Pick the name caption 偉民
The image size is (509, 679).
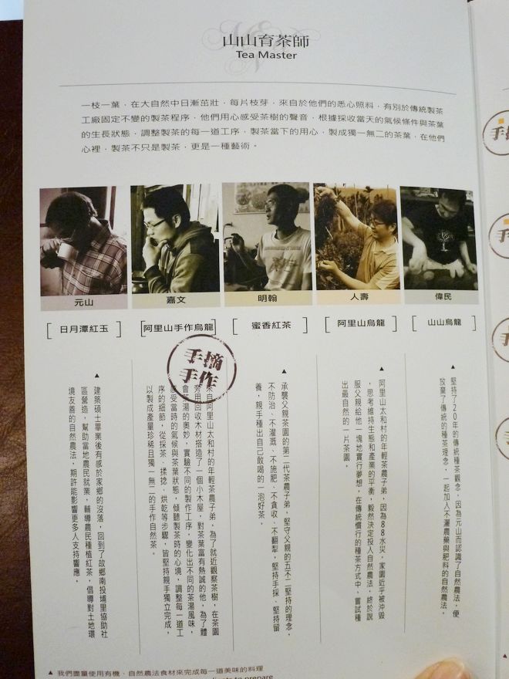437,295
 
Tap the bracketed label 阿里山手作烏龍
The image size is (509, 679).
181,327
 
